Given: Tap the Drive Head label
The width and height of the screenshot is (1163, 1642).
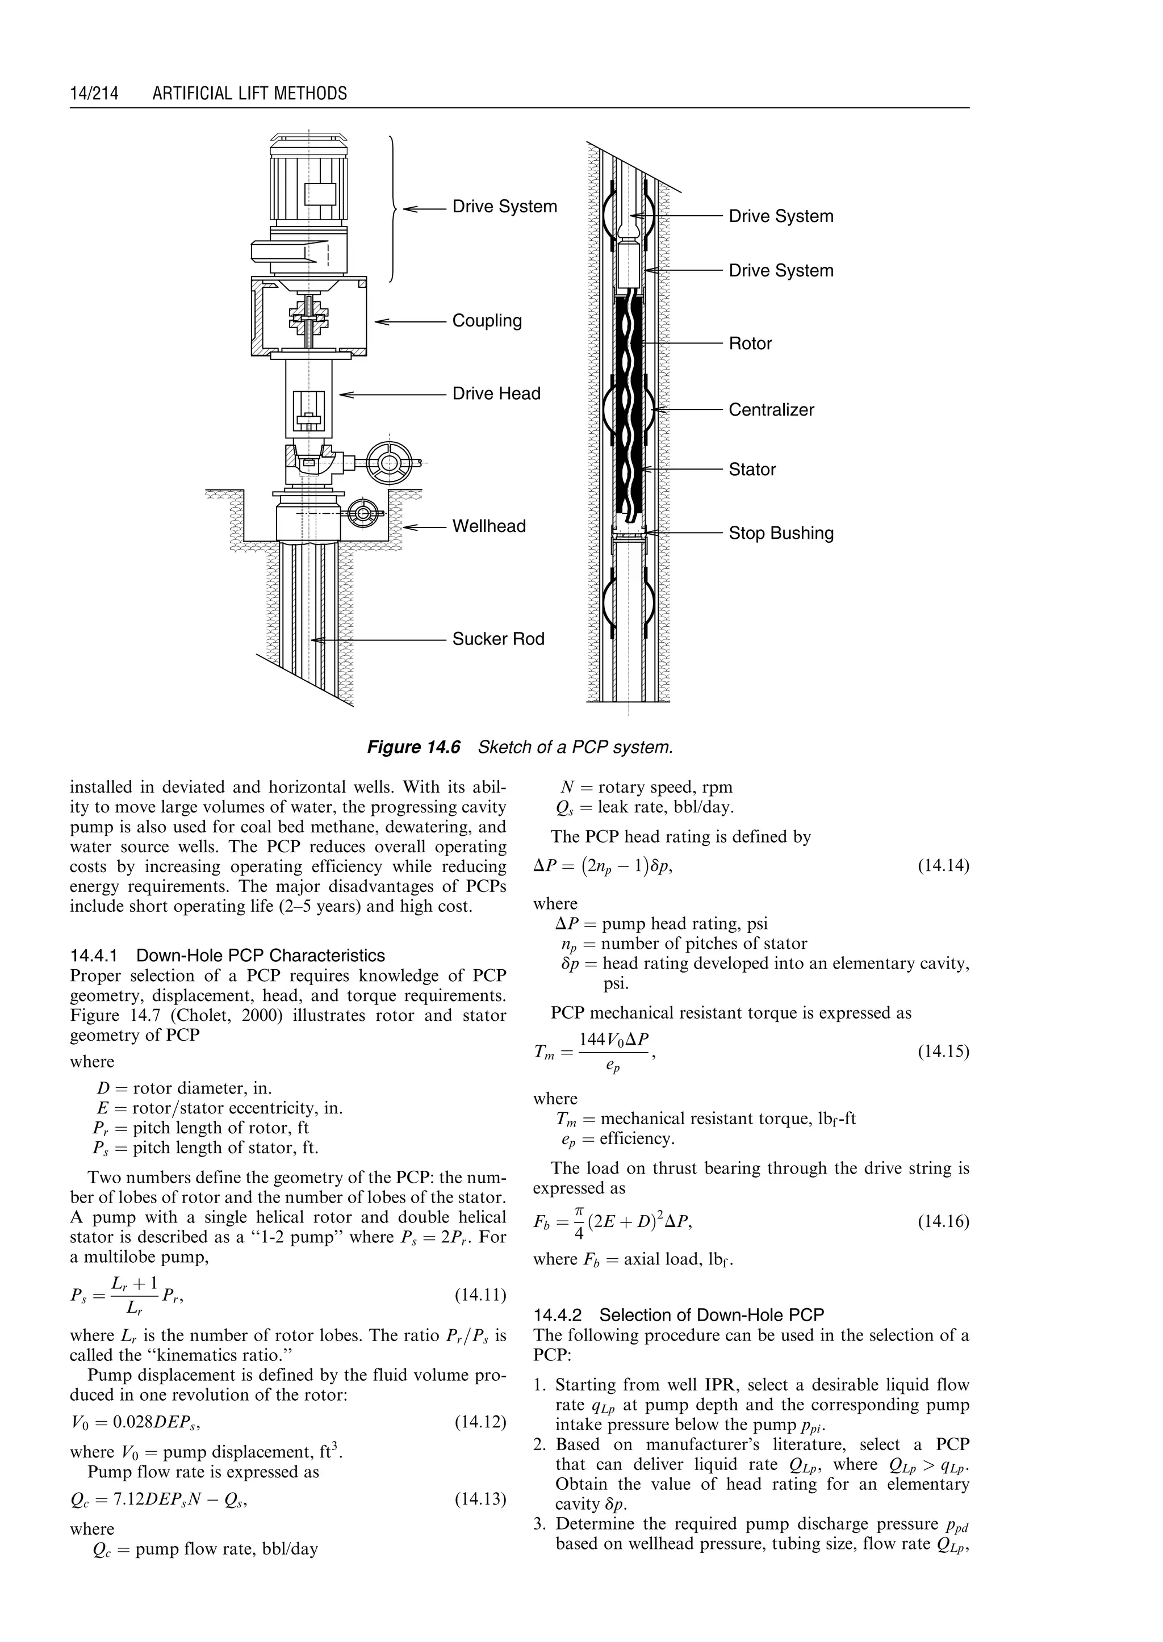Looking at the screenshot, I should (x=496, y=394).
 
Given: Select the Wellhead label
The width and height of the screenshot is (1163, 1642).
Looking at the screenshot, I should (x=488, y=526).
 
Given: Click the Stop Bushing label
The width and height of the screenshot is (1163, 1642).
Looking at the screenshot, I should (x=781, y=534).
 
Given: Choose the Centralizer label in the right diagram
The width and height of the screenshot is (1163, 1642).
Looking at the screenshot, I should (x=771, y=410).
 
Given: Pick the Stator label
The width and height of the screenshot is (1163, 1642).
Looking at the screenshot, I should (x=752, y=470).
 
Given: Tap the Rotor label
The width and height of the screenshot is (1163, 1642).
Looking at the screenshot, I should (x=750, y=344).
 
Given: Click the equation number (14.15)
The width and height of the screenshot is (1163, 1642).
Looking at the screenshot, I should (x=943, y=1052).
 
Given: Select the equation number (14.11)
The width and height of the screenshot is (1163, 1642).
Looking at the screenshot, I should (x=480, y=1295).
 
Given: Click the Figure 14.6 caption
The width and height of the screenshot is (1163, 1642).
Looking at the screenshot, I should (x=520, y=748).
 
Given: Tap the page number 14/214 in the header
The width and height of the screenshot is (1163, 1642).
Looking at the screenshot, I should (x=94, y=94).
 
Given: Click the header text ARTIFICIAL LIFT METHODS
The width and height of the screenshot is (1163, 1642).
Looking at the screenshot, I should (x=249, y=94).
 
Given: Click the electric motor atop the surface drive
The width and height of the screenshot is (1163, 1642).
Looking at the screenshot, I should (x=309, y=183).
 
